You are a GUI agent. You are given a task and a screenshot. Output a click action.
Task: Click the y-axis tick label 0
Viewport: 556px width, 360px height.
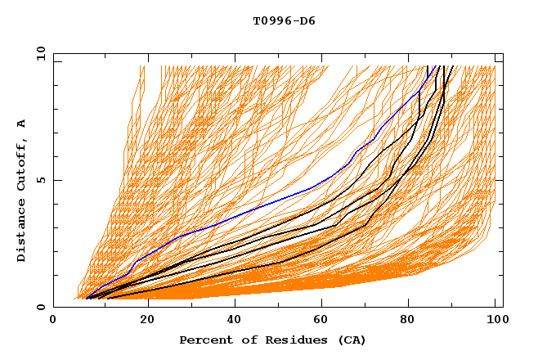[41, 308]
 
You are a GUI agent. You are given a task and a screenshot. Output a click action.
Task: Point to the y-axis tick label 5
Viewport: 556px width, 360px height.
[41, 180]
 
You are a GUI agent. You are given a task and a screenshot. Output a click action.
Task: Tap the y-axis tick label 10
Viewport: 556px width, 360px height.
[38, 52]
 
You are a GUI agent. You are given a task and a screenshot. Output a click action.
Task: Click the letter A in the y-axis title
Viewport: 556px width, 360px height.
[22, 124]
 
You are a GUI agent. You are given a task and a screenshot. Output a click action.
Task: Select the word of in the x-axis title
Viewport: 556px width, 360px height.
[243, 340]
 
